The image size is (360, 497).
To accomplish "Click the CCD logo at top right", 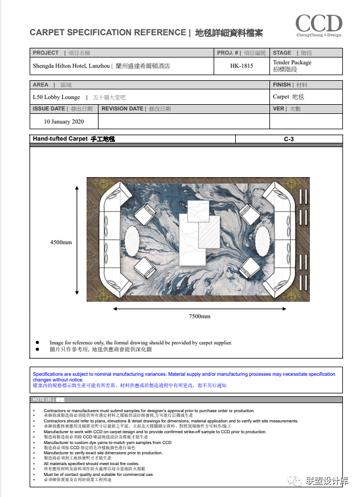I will [x=318, y=25].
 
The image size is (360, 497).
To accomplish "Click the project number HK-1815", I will [x=242, y=66].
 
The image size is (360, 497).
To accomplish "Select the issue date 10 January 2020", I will [x=64, y=121].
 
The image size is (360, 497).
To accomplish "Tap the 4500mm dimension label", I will [x=61, y=243].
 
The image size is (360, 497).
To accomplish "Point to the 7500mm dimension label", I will [x=199, y=317].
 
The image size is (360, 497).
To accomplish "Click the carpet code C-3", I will [x=289, y=139].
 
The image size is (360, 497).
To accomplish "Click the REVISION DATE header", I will [x=122, y=109].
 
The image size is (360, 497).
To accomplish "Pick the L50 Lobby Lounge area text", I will [x=56, y=97].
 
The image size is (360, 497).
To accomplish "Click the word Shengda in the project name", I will [x=44, y=66].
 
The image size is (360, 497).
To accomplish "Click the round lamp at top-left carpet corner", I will [x=103, y=183].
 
